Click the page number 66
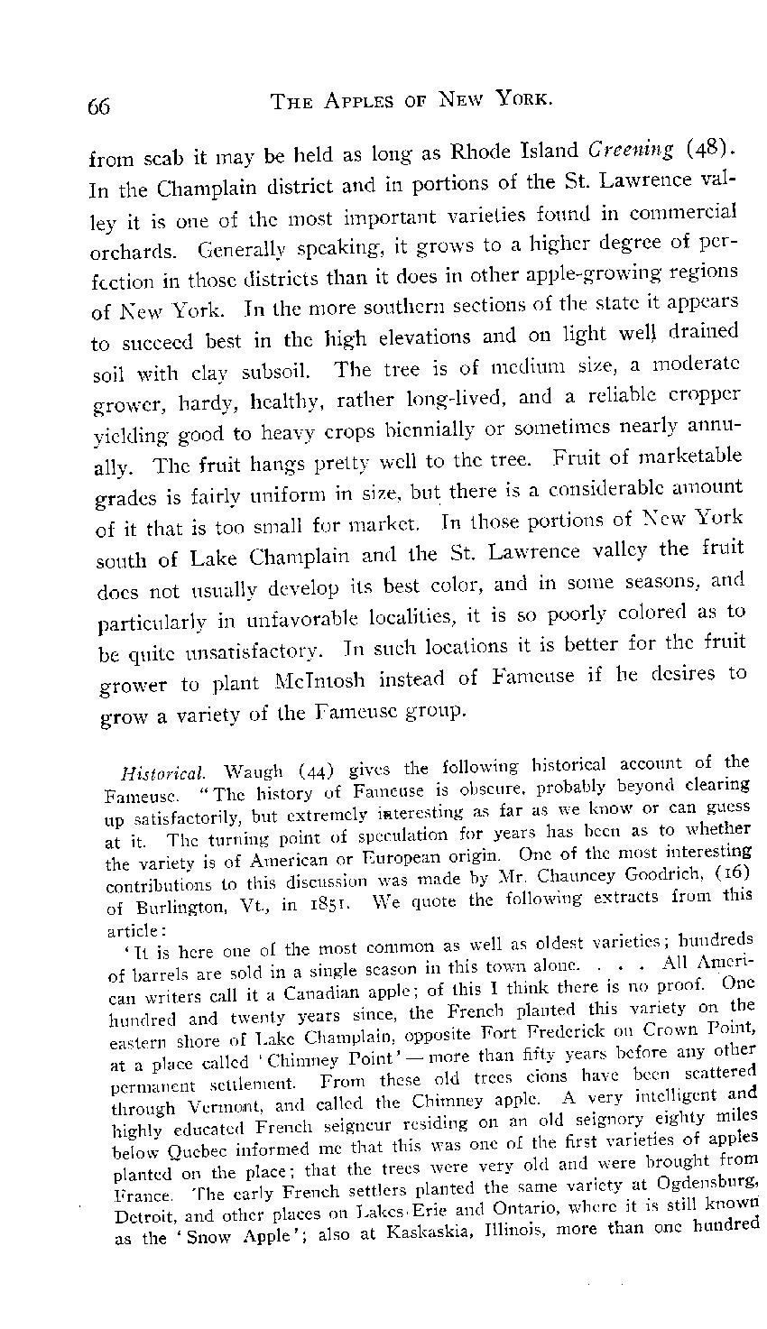[x=99, y=106]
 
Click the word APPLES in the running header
[x=352, y=101]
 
